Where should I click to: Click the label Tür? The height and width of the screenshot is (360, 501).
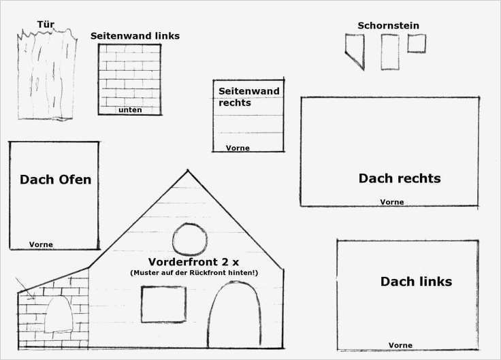[46, 24]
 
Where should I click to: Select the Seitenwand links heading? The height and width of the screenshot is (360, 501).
[135, 36]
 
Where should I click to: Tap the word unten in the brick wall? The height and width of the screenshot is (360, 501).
[130, 110]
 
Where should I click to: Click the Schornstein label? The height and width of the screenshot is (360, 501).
[388, 26]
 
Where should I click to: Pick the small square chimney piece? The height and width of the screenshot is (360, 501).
[417, 43]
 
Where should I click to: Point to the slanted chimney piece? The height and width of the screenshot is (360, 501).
[355, 52]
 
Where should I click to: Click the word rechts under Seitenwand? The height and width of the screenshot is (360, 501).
[235, 103]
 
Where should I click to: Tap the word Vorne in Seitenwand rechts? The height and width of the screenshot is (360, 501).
[238, 148]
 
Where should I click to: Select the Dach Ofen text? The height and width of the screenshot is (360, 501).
[56, 180]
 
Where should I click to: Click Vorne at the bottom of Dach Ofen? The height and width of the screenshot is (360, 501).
[42, 244]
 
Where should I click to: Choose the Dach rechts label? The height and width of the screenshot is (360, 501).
[400, 178]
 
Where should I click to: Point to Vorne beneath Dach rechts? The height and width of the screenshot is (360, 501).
[392, 202]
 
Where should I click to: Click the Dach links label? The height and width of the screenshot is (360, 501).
[417, 282]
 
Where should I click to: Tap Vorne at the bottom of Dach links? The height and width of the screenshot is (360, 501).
[400, 345]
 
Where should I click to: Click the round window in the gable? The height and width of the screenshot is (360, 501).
[190, 240]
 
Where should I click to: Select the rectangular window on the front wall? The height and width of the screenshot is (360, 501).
[163, 304]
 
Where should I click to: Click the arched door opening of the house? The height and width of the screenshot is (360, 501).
[234, 314]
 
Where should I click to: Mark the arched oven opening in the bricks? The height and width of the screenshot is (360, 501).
[59, 314]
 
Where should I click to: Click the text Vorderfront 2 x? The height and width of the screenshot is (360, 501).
[193, 262]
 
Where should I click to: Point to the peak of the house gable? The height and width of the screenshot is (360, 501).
[188, 170]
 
